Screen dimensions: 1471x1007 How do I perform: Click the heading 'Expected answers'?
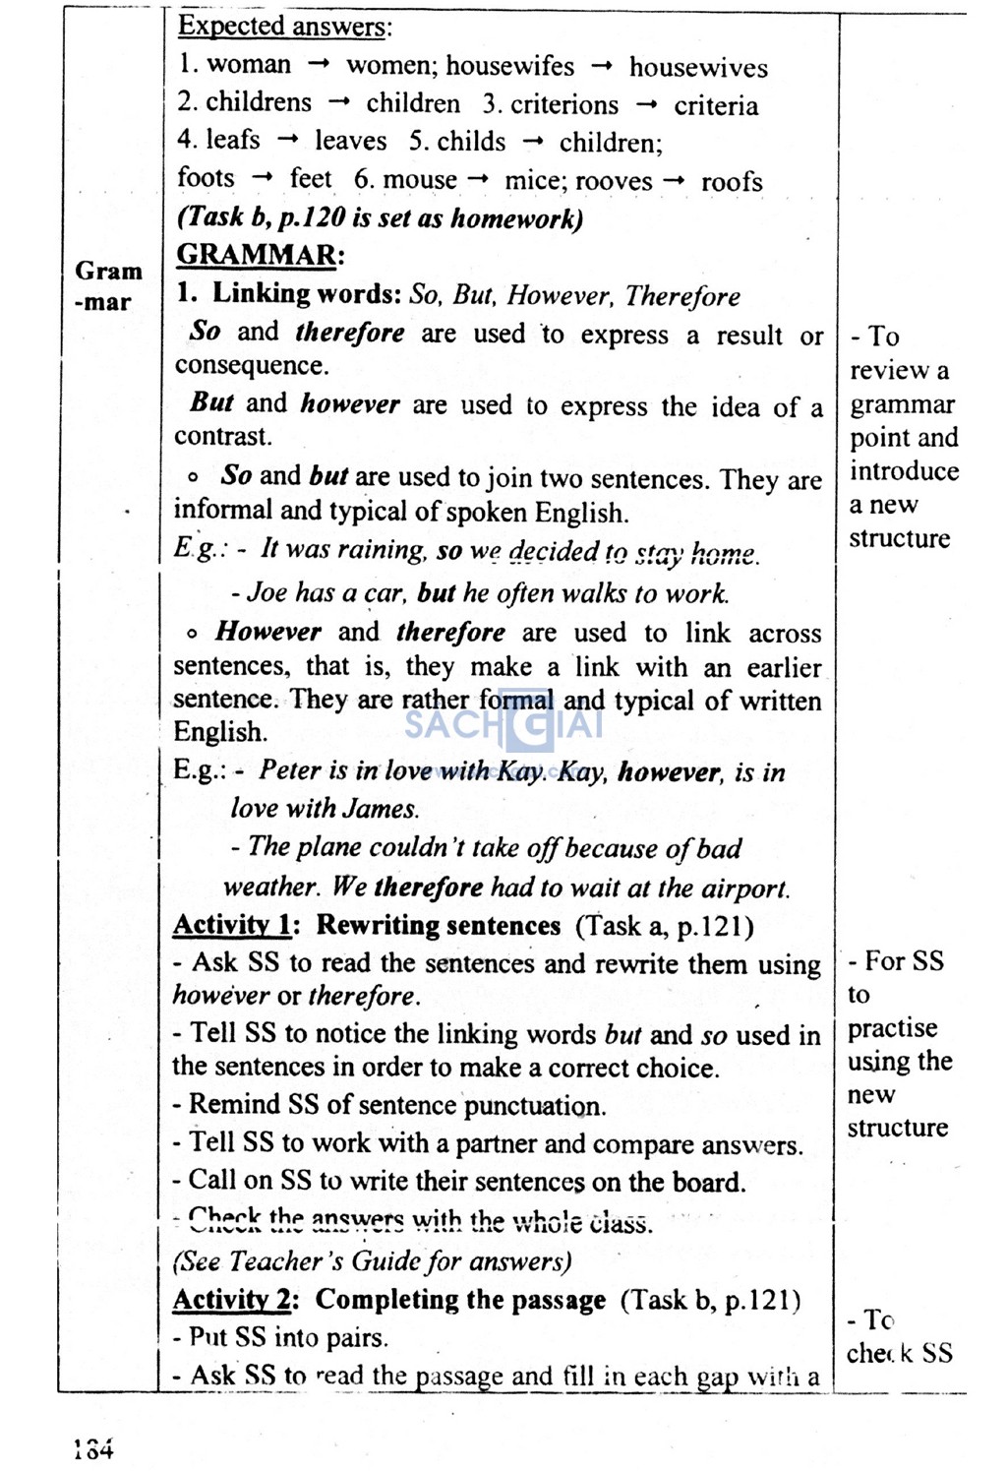283,27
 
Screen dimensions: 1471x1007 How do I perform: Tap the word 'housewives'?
698,68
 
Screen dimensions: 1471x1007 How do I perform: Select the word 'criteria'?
716,106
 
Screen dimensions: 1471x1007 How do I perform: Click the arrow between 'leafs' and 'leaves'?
287,141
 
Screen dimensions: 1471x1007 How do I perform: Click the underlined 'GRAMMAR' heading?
257,255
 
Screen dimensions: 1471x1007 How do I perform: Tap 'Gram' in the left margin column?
108,272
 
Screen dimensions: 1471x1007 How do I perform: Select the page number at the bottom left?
93,1448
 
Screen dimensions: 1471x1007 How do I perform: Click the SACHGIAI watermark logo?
503,727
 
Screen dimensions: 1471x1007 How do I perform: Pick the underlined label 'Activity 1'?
232,926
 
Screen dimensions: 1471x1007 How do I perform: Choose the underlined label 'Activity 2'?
232,1300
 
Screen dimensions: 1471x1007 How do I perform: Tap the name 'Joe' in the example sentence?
267,592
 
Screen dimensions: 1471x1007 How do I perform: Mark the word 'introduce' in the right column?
904,471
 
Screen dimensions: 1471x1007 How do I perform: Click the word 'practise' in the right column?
892,1028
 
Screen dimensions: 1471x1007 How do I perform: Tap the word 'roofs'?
732,182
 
